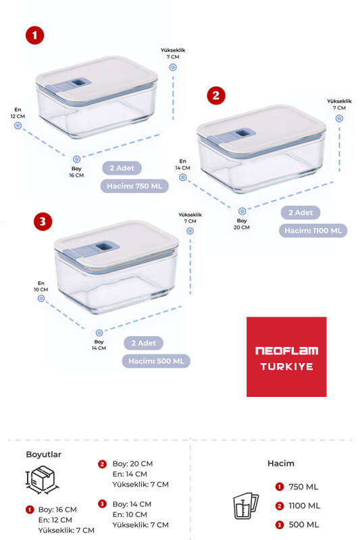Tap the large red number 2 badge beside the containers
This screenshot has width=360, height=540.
tap(215, 95)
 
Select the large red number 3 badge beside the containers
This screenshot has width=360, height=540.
tap(43, 221)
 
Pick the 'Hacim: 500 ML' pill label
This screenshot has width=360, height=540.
tap(155, 360)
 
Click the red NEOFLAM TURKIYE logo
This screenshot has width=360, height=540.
tap(286, 356)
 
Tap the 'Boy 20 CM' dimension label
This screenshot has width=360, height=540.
tap(242, 223)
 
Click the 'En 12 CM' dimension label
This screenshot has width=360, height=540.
tap(17, 113)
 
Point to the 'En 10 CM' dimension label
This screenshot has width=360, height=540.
tap(41, 286)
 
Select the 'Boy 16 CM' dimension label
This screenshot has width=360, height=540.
tap(77, 171)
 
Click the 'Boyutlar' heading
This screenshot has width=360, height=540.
tap(43, 454)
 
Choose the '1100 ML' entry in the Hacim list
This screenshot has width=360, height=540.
tap(303, 506)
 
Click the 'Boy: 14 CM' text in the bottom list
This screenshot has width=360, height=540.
tap(132, 504)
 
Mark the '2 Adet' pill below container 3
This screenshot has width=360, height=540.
tap(143, 343)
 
